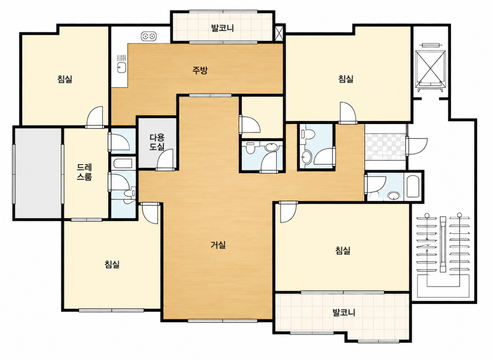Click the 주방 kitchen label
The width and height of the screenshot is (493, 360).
tap(200, 70)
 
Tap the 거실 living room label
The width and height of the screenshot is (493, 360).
tap(218, 245)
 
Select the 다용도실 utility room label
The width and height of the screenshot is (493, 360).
tap(157, 142)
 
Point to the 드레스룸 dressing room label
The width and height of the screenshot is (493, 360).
tap(84, 172)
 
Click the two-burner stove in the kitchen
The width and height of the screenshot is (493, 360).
tap(149, 37)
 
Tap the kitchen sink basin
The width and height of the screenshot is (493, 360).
tap(122, 67)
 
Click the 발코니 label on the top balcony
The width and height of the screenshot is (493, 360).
tap(222, 28)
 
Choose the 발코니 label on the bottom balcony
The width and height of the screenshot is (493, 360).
tap(344, 312)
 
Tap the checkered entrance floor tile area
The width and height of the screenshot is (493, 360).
tap(385, 147)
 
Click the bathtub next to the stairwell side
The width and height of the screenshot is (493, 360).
tap(413, 187)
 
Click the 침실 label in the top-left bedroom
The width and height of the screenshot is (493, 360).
tap(65, 79)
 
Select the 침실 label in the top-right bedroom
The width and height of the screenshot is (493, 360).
tap(346, 79)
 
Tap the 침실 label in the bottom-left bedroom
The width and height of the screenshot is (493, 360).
tap(112, 264)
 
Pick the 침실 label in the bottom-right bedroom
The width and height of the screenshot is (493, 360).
tap(343, 250)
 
